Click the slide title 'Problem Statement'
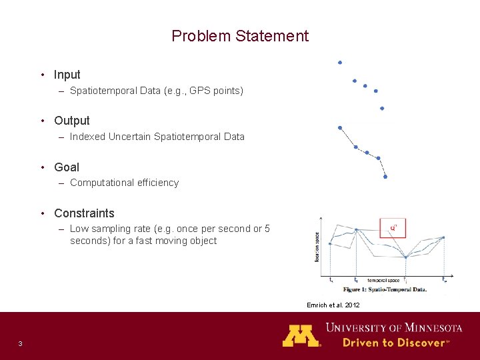click(x=240, y=36)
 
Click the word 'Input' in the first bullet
click(x=67, y=75)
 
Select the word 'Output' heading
click(x=71, y=121)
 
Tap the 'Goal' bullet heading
click(x=66, y=167)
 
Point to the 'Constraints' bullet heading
click(x=84, y=213)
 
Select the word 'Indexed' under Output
click(x=87, y=137)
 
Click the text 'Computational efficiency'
click(x=124, y=183)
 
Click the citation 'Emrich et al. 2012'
click(x=333, y=305)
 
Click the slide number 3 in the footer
click(x=21, y=343)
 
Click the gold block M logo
click(x=301, y=335)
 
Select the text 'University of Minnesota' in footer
click(x=393, y=327)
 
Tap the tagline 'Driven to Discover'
click(x=393, y=343)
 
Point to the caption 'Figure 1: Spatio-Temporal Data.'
click(x=384, y=289)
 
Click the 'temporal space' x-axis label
click(x=383, y=281)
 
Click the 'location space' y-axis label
click(x=317, y=247)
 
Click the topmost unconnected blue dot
click(x=340, y=63)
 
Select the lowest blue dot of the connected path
click(x=385, y=177)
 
